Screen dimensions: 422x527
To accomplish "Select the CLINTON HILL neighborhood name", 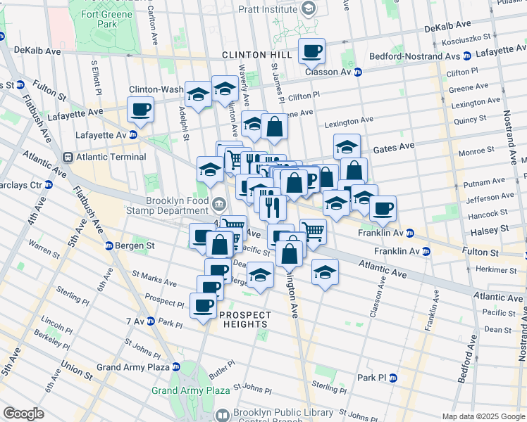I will [x=252, y=54].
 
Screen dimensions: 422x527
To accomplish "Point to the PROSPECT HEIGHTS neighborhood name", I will [x=245, y=319].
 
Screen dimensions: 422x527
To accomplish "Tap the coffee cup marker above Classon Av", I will [x=311, y=51].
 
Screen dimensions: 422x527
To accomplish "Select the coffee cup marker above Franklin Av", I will [x=383, y=209].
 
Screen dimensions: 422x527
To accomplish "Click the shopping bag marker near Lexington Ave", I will [x=274, y=127].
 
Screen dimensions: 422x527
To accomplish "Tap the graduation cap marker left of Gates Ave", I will [x=347, y=147].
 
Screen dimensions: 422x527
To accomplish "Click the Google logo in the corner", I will [x=23, y=414].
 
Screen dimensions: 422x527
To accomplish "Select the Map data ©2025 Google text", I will [x=483, y=416].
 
